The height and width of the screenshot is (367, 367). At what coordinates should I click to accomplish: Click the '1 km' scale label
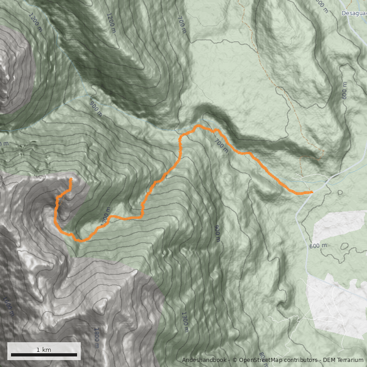[x=44, y=350]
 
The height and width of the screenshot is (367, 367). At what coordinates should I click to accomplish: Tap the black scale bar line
[x=44, y=355]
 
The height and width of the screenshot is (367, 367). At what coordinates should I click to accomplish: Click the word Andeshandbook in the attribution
[x=204, y=360]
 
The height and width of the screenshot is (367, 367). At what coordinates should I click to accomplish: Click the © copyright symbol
[x=235, y=360]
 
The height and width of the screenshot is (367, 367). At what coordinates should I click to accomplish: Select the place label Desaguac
[x=354, y=13]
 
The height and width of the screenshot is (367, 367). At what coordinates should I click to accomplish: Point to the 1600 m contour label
[x=8, y=306]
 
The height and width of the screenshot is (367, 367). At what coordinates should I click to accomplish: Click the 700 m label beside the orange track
[x=221, y=146]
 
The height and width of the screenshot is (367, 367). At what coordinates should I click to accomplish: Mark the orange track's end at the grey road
[x=311, y=192]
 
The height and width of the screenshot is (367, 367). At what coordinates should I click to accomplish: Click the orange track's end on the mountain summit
[x=71, y=178]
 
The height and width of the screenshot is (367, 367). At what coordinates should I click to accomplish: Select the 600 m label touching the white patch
[x=317, y=245]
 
